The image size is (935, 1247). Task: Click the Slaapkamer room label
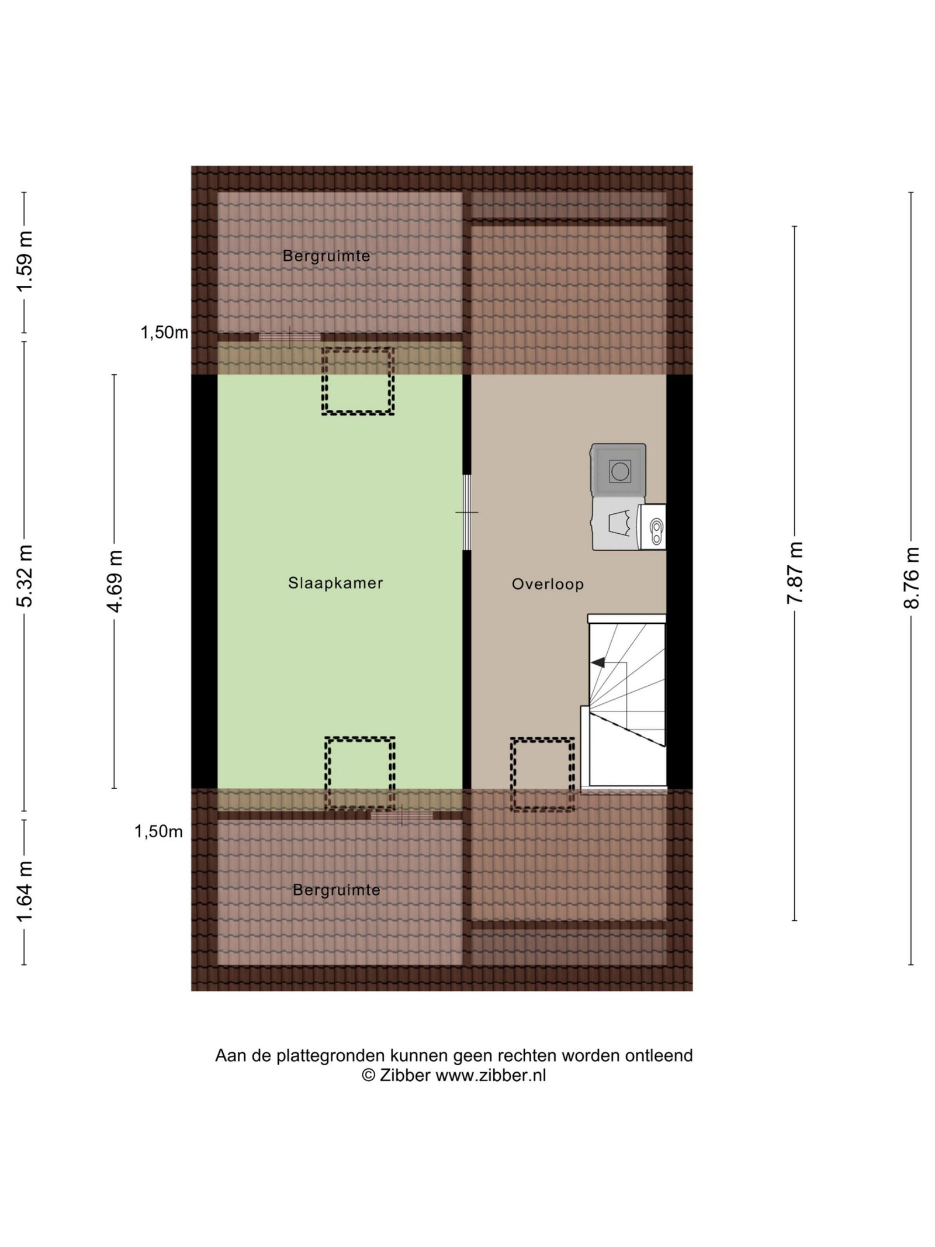335,583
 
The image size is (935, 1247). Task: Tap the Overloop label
548,584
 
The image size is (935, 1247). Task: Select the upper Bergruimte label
326,256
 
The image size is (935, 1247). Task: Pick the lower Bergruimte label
336,890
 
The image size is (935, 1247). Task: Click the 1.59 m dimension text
25,261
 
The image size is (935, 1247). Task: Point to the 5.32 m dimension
25,576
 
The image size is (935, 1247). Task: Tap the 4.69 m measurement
115,581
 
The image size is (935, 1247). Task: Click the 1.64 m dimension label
25,892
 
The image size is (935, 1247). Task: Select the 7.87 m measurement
795,574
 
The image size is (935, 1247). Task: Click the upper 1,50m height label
164,333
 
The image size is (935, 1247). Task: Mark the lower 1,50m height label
159,831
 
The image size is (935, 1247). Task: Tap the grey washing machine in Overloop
618,471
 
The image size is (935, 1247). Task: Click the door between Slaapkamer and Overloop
466,512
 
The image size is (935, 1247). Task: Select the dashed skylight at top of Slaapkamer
358,382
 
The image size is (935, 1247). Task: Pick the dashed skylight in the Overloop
542,774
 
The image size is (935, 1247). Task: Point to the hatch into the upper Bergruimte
290,337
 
